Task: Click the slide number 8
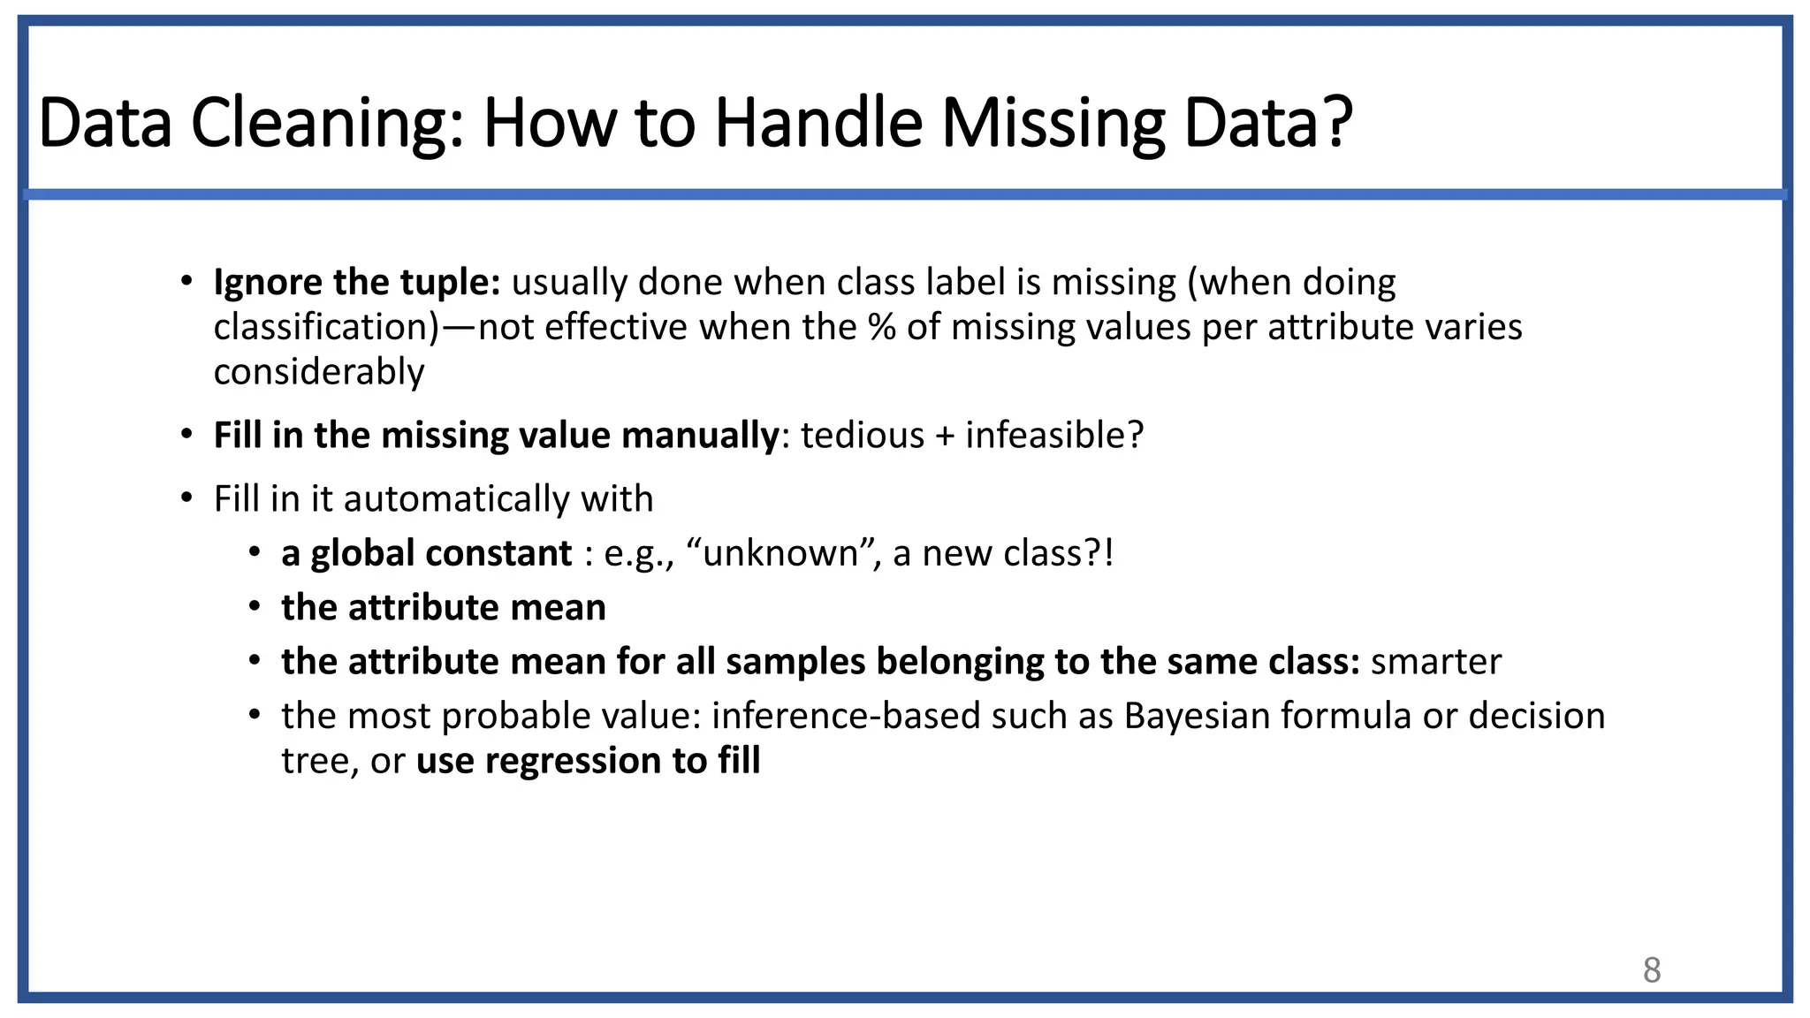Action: click(x=1652, y=970)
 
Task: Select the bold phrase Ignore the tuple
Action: click(x=356, y=283)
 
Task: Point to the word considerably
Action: click(x=319, y=372)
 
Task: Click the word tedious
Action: click(x=862, y=436)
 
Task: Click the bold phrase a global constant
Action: click(x=426, y=554)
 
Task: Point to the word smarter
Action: click(x=1435, y=662)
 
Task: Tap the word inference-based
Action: click(x=846, y=716)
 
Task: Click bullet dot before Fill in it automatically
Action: click(x=186, y=498)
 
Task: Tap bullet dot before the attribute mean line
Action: click(x=255, y=607)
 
